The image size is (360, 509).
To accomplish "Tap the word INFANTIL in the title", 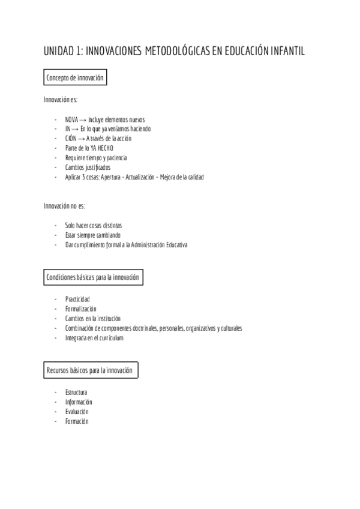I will [284, 52].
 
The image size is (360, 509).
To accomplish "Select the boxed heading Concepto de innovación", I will [75, 79].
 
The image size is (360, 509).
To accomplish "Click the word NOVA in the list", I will [71, 119].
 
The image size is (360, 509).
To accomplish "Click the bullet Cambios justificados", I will [88, 167].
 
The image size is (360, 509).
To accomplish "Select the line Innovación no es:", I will [64, 206].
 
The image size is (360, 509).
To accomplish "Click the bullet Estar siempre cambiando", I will [92, 235].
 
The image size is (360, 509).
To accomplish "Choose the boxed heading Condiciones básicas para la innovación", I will [93, 277].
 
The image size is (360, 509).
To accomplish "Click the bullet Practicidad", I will [78, 300].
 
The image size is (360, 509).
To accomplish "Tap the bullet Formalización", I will [80, 309].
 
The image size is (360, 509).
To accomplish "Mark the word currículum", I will [110, 338].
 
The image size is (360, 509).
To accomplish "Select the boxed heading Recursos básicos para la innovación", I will [89, 370].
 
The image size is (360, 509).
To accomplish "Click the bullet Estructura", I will [76, 393].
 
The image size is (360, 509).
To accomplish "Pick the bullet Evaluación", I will [77, 412].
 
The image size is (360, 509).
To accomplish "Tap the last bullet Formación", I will [77, 421].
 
